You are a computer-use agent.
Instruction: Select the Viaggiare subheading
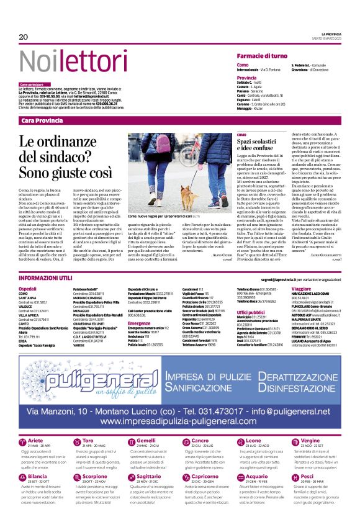click(301, 271)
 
